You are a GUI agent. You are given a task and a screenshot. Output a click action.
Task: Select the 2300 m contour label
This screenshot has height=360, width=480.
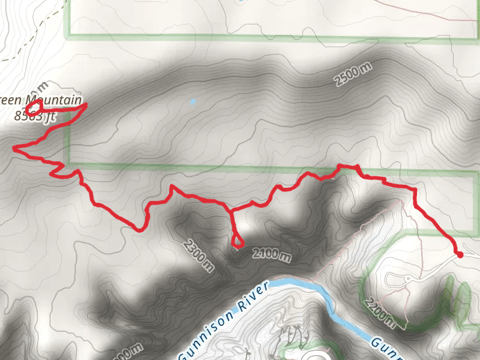click(x=199, y=255)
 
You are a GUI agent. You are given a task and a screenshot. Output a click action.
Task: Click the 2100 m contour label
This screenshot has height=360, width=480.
click(x=272, y=254)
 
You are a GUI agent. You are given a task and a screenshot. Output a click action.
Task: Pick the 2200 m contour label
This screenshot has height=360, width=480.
click(x=382, y=314)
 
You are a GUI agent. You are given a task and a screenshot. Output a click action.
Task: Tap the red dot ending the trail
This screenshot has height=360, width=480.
click(x=460, y=255)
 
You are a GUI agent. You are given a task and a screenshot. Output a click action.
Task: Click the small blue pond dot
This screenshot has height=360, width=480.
click(x=192, y=101)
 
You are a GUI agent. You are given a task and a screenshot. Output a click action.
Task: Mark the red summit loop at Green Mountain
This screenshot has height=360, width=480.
click(x=34, y=107)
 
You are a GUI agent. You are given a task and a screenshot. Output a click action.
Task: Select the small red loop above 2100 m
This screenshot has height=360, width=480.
click(x=237, y=242)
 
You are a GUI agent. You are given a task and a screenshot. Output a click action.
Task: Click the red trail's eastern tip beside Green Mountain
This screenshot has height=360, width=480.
click(x=86, y=106)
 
